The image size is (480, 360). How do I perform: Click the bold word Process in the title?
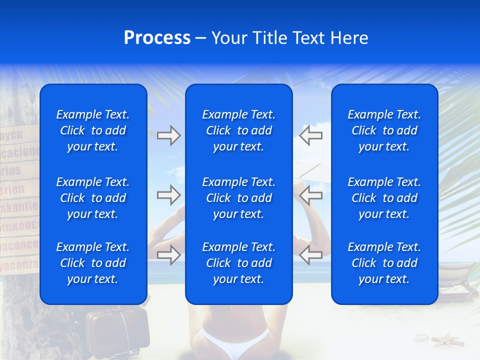coord(157,38)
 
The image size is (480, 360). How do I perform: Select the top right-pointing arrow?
coord(168,135)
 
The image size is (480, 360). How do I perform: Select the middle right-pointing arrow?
coord(168,195)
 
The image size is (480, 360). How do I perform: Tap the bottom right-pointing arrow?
coord(168,255)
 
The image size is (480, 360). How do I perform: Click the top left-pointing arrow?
coord(310,135)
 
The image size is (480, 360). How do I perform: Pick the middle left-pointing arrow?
coord(310,195)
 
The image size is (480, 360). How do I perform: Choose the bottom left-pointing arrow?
coord(310,255)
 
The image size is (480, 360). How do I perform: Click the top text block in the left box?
coord(93,130)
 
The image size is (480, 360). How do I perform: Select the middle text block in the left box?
coord(93,198)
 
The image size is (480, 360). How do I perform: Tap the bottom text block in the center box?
coord(238,263)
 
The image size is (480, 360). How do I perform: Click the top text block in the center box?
coord(238,130)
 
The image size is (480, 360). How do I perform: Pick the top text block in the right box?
coord(384,130)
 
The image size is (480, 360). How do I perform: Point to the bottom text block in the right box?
coord(384,263)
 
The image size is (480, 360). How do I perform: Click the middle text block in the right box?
coord(384,198)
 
